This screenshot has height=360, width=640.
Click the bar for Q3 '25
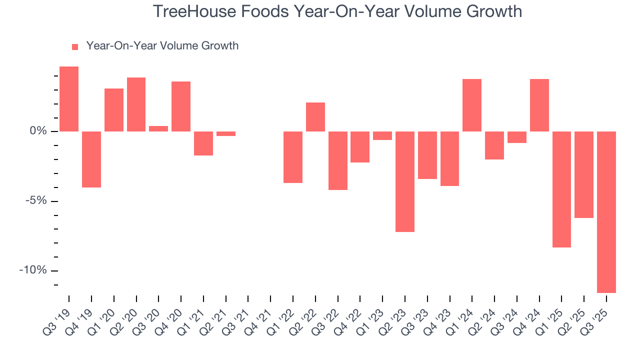pyautogui.click(x=606, y=212)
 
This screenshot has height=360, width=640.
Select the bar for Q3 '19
pyautogui.click(x=69, y=99)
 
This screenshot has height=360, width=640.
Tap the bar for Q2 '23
pyautogui.click(x=405, y=181)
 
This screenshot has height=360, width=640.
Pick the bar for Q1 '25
pyautogui.click(x=561, y=189)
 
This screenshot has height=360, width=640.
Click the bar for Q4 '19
pyautogui.click(x=91, y=159)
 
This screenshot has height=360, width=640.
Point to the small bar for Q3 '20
pyautogui.click(x=158, y=128)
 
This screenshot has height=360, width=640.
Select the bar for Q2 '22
pyautogui.click(x=315, y=117)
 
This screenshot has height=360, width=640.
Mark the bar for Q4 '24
pyautogui.click(x=539, y=105)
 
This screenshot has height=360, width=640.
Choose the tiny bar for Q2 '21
pyautogui.click(x=226, y=133)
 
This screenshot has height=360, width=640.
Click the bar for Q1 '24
pyautogui.click(x=472, y=105)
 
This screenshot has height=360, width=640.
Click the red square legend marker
pyautogui.click(x=75, y=47)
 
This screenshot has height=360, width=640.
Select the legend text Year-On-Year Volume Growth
pyautogui.click(x=162, y=46)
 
